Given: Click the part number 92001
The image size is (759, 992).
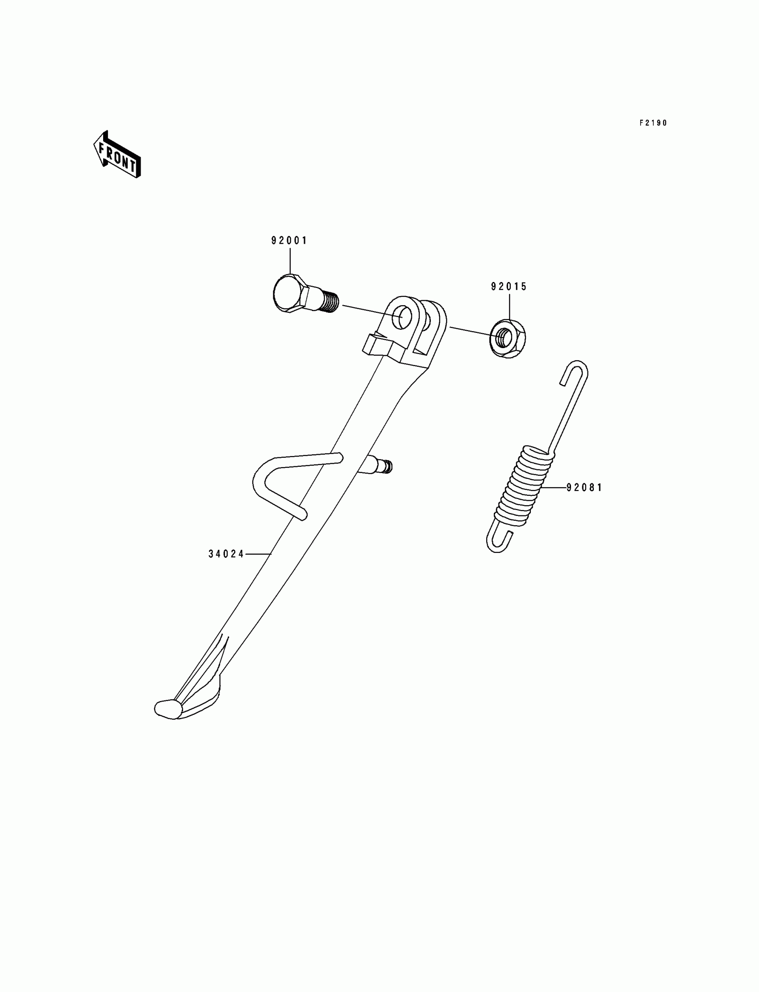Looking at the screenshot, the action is (x=289, y=241).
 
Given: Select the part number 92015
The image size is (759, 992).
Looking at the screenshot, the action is (x=509, y=287).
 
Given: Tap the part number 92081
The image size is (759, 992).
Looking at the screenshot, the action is (x=584, y=488).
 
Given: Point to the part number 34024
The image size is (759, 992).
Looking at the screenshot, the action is (x=226, y=554).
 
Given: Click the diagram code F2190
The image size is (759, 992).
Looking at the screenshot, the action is (x=653, y=123).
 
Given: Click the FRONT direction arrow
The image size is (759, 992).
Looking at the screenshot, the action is (x=117, y=154).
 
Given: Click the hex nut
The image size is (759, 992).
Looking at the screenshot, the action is (x=508, y=338).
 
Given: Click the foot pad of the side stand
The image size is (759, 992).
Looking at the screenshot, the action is (x=168, y=708).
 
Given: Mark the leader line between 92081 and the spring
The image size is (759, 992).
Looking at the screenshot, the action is (x=554, y=488).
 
